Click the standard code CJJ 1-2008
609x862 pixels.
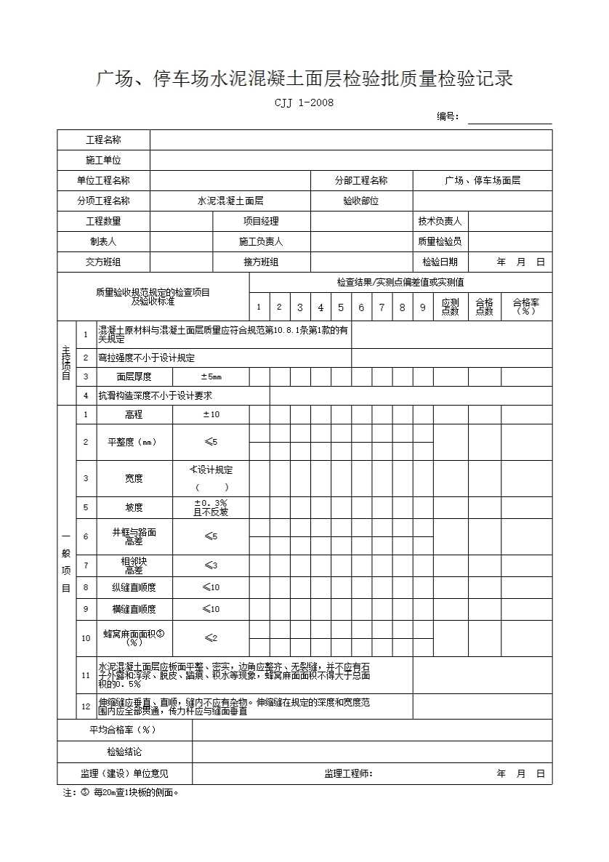click(x=304, y=102)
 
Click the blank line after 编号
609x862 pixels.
click(x=509, y=118)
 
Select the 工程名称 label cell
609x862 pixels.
click(x=104, y=140)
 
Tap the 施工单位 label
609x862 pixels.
click(x=104, y=160)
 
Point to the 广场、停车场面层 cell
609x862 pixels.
click(x=483, y=180)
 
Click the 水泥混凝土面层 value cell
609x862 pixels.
click(x=230, y=201)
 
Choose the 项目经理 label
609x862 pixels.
click(x=261, y=221)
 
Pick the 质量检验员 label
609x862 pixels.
click(x=440, y=241)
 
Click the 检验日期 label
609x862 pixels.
click(x=440, y=262)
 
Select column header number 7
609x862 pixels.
click(x=382, y=307)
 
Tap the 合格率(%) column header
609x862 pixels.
click(x=526, y=307)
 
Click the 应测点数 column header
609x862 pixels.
click(x=450, y=307)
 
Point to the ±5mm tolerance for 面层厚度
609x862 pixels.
click(x=211, y=376)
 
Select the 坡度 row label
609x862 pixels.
click(x=134, y=507)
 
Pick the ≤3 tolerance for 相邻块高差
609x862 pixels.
click(x=211, y=565)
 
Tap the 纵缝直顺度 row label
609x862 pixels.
click(x=134, y=587)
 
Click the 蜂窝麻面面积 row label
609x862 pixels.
click(x=134, y=637)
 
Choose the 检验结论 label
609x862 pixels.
click(x=124, y=752)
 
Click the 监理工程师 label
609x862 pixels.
click(x=348, y=773)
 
